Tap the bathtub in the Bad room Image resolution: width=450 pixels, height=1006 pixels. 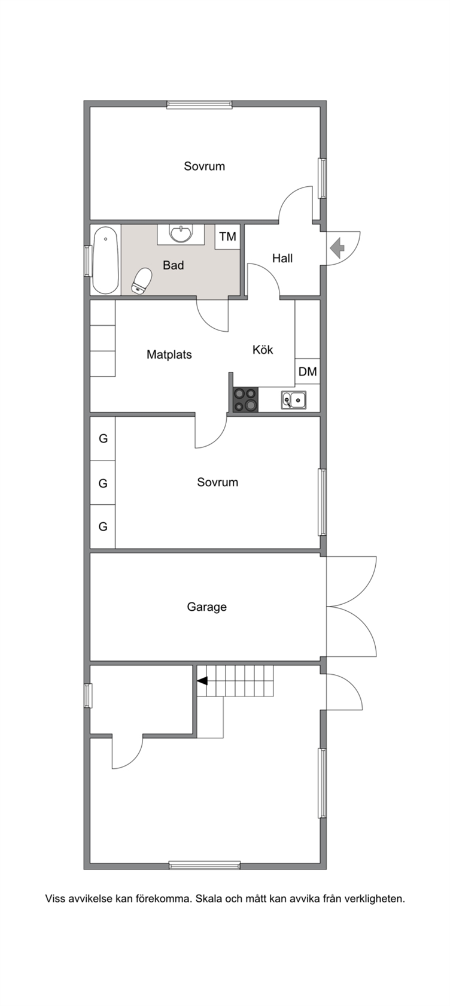point(105,260)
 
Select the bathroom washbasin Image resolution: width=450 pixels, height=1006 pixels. point(180,234)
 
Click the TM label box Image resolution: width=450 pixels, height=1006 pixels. point(227,237)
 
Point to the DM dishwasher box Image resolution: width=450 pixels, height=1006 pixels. point(308,371)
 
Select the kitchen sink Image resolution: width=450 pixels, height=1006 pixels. point(294,400)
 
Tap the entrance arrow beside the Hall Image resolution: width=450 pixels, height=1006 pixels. point(337,247)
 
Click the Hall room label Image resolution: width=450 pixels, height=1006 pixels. point(282,258)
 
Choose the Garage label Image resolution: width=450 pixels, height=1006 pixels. point(207,607)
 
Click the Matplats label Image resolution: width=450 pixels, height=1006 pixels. point(169,354)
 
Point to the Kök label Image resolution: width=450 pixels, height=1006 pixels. point(263,350)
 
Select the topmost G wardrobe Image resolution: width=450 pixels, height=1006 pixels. point(103,438)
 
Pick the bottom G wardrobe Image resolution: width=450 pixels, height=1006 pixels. point(103,526)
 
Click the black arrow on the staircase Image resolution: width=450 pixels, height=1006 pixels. point(202,681)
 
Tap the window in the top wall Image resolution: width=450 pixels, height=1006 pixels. point(200,105)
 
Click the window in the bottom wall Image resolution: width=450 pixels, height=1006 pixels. point(205,865)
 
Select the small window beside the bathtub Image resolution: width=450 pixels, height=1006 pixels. point(87,260)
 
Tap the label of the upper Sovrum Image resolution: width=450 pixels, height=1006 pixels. point(205,166)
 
